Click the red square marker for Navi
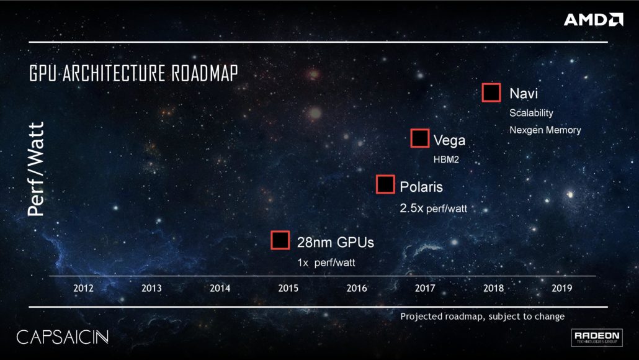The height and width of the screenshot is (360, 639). pos(491,92)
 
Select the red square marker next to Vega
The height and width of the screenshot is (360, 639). pos(420,138)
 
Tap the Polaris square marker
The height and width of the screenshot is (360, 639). pos(385,184)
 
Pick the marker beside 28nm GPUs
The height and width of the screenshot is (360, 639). pos(280,240)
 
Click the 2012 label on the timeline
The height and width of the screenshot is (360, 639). pos(83,288)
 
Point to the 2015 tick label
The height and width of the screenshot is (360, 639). pos(288,288)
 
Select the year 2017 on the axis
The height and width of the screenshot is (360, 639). pos(425,288)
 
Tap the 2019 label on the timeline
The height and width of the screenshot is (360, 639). pos(561,288)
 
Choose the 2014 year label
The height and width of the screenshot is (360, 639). pos(220,288)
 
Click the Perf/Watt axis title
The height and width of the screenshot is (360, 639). pos(37,168)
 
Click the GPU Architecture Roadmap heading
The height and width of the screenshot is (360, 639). pos(133,73)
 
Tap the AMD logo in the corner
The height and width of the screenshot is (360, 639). pos(593,20)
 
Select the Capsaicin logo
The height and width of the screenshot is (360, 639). pos(62,337)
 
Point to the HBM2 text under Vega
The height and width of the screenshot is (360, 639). pos(445,160)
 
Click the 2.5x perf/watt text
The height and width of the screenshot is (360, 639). pos(433,209)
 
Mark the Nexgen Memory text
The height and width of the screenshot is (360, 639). pos(545,130)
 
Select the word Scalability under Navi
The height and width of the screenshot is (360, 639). pos(531,114)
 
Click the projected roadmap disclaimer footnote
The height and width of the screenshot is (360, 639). pos(482,317)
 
